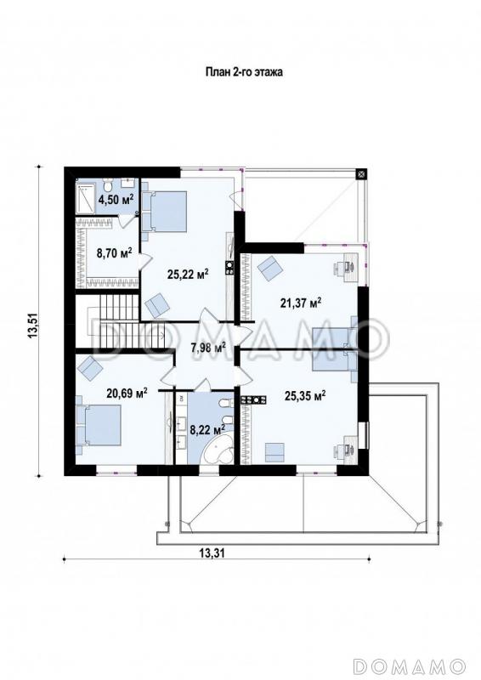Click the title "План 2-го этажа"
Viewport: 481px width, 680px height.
pyautogui.click(x=244, y=72)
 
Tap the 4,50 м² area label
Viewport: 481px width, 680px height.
pyautogui.click(x=116, y=199)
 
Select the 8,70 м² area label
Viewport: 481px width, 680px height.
pyautogui.click(x=115, y=252)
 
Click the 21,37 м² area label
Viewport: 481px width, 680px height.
pyautogui.click(x=301, y=303)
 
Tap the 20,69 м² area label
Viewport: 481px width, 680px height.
pyautogui.click(x=127, y=393)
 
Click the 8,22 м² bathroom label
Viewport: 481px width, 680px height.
pyautogui.click(x=207, y=429)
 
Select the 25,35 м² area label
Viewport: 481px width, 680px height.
pyautogui.click(x=305, y=395)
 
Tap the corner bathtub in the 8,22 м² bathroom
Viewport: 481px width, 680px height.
pyautogui.click(x=218, y=452)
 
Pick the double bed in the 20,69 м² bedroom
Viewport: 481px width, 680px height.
pyautogui.click(x=98, y=424)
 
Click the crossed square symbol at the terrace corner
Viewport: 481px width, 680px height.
pyautogui.click(x=361, y=173)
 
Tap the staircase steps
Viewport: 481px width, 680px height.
pyautogui.click(x=121, y=320)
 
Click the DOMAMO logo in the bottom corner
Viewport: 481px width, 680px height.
pyautogui.click(x=409, y=665)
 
